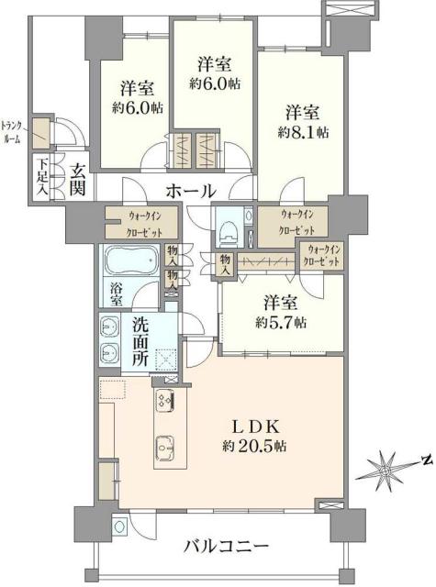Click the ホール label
[x=190, y=192]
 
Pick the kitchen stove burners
[x=165, y=399]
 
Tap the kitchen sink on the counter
[x=165, y=449]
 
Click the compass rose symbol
[x=386, y=471]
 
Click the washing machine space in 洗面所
[x=166, y=360]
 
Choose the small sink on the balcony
[x=121, y=526]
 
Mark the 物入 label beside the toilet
[x=224, y=262]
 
